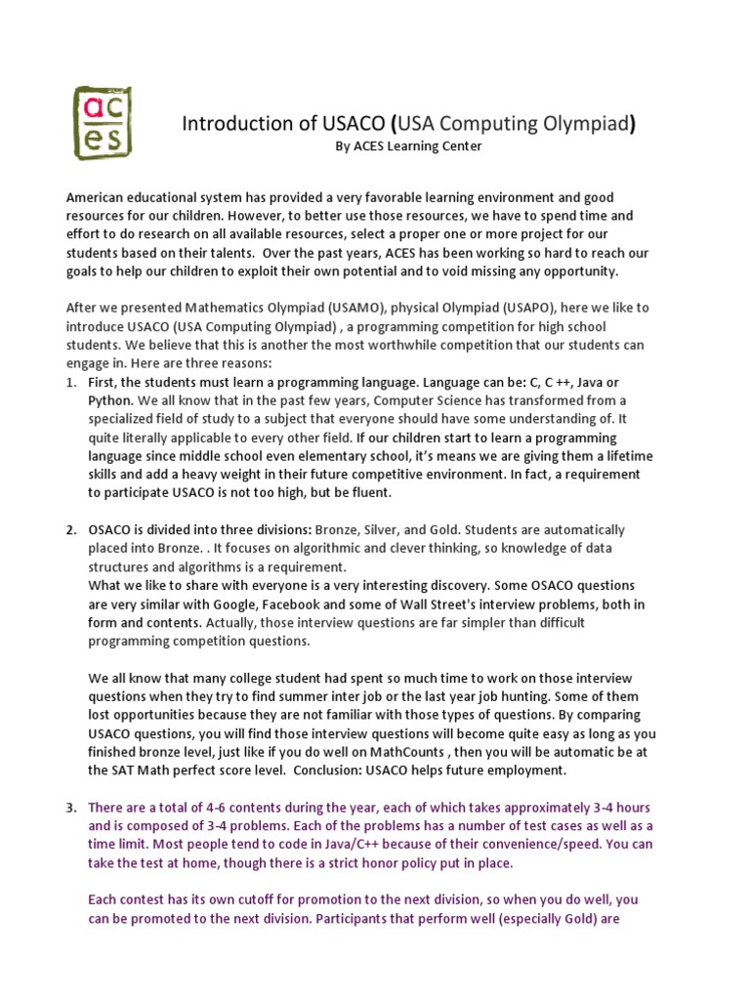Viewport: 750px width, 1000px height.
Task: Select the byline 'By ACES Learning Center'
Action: point(408,146)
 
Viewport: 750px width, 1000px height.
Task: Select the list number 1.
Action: point(71,382)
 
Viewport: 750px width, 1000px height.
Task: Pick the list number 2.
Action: point(71,530)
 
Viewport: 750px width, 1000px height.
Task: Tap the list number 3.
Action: point(71,808)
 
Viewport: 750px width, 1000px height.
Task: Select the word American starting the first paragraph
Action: point(97,197)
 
